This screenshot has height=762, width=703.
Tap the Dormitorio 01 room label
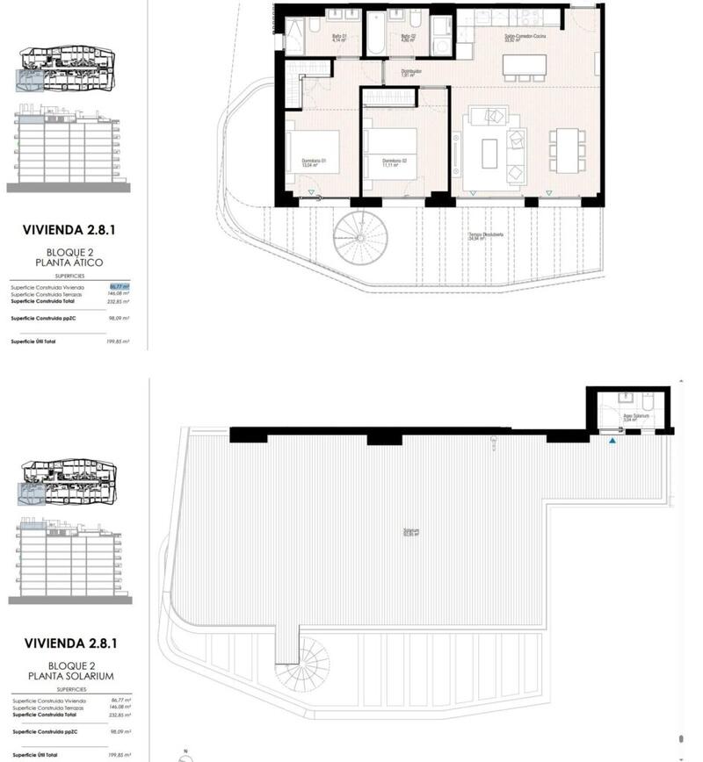click(x=313, y=161)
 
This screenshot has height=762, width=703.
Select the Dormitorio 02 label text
click(x=394, y=161)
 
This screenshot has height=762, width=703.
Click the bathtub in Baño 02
click(x=375, y=35)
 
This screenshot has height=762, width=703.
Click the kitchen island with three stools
click(x=524, y=67)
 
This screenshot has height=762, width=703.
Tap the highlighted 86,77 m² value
click(x=120, y=286)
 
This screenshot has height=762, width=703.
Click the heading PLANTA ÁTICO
click(x=69, y=262)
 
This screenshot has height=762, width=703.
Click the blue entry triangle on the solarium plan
click(x=612, y=440)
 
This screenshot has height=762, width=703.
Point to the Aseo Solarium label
click(x=635, y=417)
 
